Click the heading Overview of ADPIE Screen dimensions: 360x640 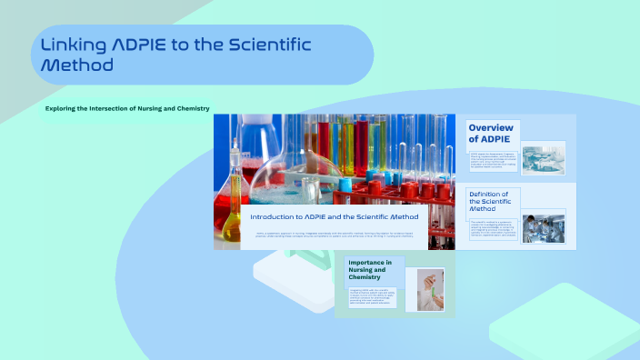491,133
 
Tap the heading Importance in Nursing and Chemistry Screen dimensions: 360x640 370,270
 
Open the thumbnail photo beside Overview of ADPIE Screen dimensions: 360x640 544,156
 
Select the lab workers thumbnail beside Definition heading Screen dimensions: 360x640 544,226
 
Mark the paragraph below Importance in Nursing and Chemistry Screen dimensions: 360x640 371,297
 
